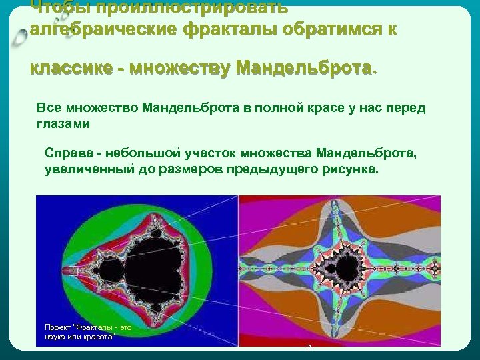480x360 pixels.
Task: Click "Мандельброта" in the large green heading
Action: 303,69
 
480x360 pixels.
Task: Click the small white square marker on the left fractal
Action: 73,271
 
